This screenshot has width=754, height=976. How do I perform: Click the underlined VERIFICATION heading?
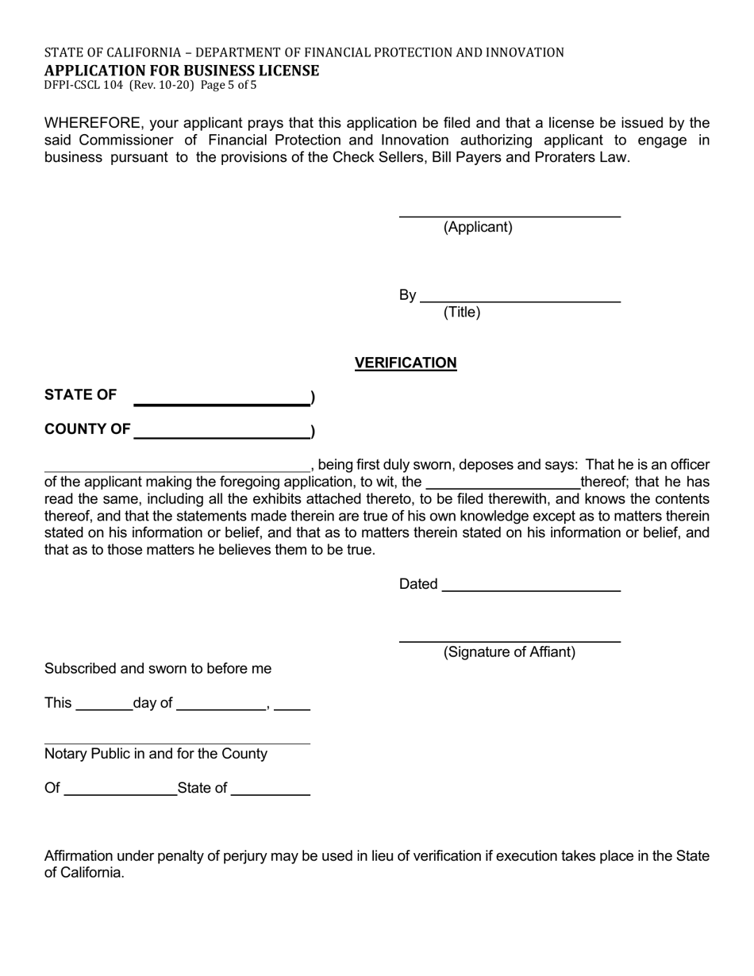click(406, 363)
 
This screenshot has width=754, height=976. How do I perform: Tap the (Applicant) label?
click(478, 227)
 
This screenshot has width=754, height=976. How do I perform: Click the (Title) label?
click(462, 312)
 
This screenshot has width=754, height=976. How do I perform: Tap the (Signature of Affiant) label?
click(510, 652)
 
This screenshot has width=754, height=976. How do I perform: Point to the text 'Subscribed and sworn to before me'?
click(158, 669)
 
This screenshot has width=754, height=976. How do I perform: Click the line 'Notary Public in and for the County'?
click(156, 754)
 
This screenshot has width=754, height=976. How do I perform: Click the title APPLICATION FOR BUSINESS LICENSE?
click(182, 71)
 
